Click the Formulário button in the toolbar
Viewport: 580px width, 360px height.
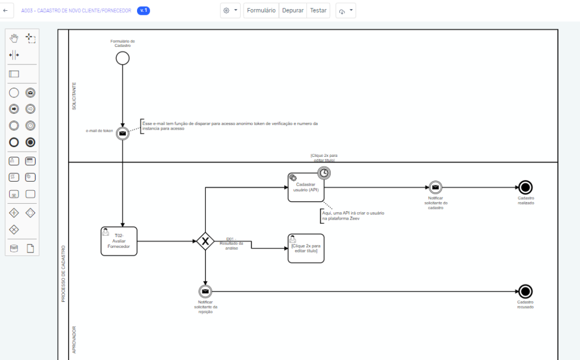[261, 10]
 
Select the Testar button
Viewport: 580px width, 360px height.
[318, 10]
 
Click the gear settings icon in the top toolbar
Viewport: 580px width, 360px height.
[227, 10]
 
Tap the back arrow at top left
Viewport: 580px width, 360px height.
[5, 10]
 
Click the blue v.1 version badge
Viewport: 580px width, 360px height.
[143, 10]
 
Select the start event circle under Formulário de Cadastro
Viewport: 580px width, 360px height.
[122, 58]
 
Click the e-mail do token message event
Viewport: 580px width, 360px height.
[122, 132]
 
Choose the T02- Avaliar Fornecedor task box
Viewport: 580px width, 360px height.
[119, 241]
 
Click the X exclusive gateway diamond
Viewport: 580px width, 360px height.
[205, 242]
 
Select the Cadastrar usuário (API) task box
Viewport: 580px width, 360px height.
[306, 187]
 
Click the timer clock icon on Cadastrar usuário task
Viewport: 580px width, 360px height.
[323, 173]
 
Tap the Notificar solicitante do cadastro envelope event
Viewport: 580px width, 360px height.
[435, 187]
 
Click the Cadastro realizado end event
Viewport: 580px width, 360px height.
[525, 187]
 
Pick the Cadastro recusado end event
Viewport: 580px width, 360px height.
[525, 292]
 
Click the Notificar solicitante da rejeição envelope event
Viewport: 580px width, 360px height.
[205, 292]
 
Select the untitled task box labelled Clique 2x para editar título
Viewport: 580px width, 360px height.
[306, 248]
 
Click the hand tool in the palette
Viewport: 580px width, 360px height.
[14, 38]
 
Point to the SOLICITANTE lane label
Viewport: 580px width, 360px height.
[74, 96]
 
